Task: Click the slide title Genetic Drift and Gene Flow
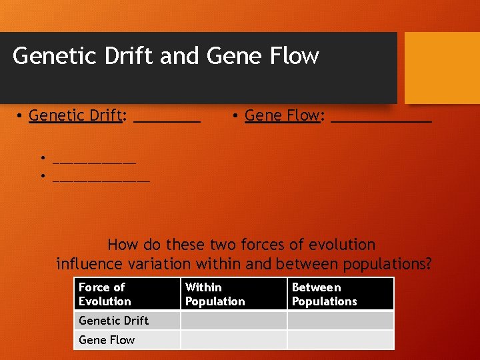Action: point(165,56)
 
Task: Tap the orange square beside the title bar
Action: point(442,68)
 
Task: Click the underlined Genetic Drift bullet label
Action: point(75,115)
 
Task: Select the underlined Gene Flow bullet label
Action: point(282,115)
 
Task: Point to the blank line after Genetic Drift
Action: point(167,120)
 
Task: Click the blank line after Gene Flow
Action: point(381,120)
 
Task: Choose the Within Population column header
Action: point(215,294)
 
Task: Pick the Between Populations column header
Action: point(324,294)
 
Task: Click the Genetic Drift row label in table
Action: point(113,320)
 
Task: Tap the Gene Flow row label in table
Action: point(107,339)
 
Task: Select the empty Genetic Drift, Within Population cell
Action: point(233,320)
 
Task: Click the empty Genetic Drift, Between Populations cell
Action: point(340,320)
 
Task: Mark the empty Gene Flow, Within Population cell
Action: point(233,339)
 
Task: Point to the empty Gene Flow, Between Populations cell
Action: point(340,339)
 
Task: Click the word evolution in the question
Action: point(339,245)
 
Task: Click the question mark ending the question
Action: point(428,264)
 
